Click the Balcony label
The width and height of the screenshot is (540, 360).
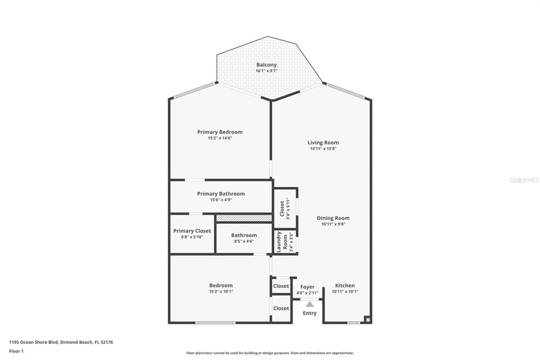[266, 65]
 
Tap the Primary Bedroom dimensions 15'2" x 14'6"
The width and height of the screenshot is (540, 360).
[220, 138]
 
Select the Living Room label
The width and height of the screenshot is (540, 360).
[323, 142]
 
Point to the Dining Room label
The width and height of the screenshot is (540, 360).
[333, 218]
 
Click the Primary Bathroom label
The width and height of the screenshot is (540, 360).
[221, 194]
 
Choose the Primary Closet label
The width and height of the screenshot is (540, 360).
[192, 231]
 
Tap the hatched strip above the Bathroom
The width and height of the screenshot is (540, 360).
[244, 219]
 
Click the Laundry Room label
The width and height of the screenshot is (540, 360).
[284, 242]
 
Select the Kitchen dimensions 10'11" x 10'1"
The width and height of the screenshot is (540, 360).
[345, 292]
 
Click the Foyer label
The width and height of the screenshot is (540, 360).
[307, 286]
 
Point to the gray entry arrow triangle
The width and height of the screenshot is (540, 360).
[309, 303]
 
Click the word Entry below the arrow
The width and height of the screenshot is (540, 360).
[309, 313]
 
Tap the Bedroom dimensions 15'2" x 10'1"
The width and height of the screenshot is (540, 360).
[221, 292]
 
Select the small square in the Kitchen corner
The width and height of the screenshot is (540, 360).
[367, 318]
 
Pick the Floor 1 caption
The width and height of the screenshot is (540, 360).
[16, 351]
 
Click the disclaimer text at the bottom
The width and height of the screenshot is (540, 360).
[269, 353]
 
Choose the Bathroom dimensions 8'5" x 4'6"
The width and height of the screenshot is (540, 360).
[244, 242]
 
